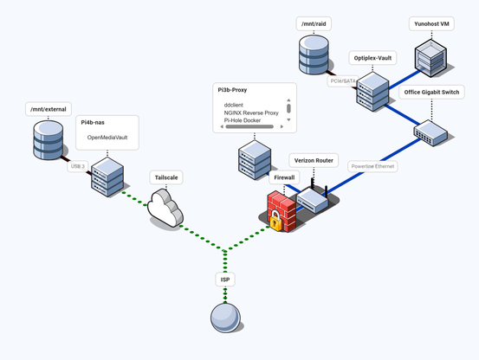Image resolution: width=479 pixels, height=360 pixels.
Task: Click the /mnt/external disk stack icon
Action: [48, 140]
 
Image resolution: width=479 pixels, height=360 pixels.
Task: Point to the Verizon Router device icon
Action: [313, 200]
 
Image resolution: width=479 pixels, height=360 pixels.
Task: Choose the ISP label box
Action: [225, 280]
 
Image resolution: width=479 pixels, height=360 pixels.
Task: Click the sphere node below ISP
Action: [225, 318]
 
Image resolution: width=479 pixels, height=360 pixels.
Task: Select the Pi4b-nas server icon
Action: [108, 177]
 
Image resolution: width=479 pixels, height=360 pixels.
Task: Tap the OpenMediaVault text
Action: [107, 138]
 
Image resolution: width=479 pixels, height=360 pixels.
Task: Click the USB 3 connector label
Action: [79, 166]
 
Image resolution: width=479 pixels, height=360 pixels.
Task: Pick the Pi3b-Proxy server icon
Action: [255, 162]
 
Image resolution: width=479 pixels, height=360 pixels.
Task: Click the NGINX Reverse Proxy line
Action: [250, 112]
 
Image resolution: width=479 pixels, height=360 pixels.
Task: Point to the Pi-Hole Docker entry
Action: [242, 120]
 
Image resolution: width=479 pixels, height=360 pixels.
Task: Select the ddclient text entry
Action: [233, 105]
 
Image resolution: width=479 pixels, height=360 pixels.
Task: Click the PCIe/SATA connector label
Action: [343, 81]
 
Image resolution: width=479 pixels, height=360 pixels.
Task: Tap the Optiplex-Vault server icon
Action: [372, 91]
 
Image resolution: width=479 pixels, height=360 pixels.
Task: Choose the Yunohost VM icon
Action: [430, 58]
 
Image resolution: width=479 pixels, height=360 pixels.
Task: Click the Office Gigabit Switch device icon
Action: [430, 132]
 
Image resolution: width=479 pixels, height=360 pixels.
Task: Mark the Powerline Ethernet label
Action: [372, 166]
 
